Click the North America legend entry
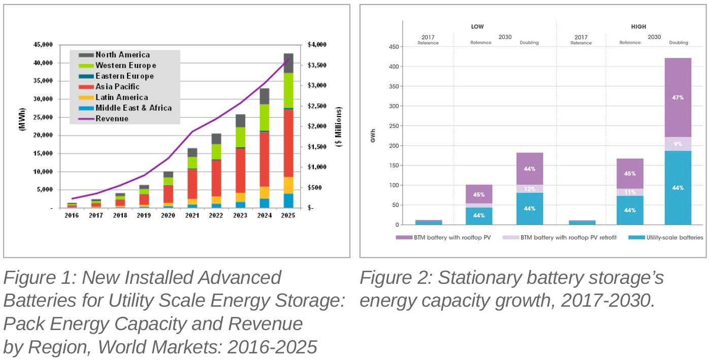(122, 55)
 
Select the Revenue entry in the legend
(112, 119)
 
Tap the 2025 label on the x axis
(288, 216)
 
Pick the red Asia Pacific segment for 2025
(288, 142)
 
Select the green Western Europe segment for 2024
(264, 117)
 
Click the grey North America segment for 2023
(240, 120)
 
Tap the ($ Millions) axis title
(339, 126)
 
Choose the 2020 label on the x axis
(168, 216)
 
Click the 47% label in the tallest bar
(678, 97)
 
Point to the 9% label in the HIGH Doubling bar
(678, 144)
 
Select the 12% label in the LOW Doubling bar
(530, 188)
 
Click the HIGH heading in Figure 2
(638, 27)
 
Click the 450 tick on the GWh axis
(393, 47)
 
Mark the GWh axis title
(373, 136)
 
